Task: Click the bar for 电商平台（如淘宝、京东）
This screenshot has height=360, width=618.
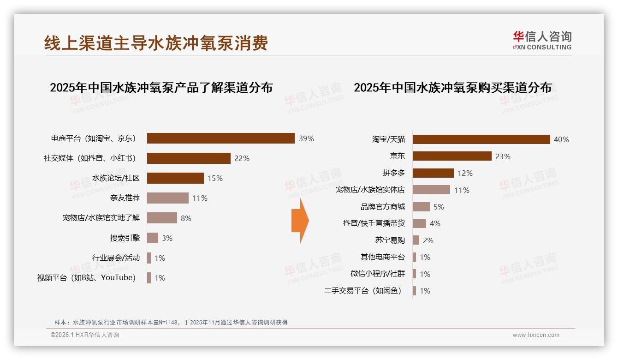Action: click(220, 138)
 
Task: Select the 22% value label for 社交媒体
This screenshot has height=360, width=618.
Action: click(242, 158)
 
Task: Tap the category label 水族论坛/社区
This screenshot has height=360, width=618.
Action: click(116, 178)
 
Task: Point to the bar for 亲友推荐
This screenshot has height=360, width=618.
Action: click(167, 198)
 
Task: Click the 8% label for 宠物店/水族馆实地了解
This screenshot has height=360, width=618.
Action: click(186, 218)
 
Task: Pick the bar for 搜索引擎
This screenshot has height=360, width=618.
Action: click(153, 238)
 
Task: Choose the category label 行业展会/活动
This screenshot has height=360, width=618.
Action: click(116, 258)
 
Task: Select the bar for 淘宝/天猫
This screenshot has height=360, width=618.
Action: click(481, 139)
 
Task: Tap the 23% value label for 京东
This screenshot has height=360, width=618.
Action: click(503, 156)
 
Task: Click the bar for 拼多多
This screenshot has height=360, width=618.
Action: click(433, 173)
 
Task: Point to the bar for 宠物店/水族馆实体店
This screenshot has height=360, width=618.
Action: click(431, 190)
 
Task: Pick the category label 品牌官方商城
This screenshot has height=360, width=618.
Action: click(382, 207)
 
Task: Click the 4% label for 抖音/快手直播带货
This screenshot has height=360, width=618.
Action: click(435, 223)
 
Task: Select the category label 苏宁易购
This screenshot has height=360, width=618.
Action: click(390, 240)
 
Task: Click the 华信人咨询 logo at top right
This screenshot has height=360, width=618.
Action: click(542, 40)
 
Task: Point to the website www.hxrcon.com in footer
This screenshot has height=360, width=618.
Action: click(536, 335)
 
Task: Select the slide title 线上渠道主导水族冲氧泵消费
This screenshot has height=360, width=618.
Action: click(156, 43)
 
